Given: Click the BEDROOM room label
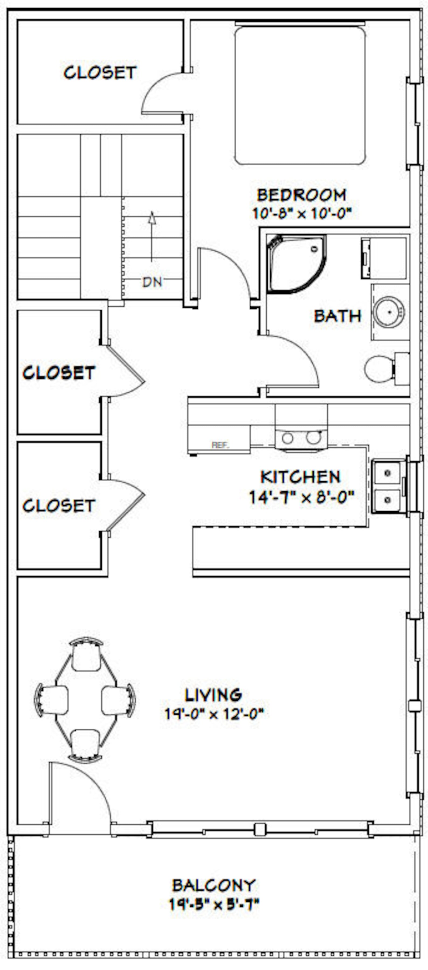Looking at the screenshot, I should (301, 195).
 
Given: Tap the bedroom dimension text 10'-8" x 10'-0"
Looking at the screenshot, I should (301, 214).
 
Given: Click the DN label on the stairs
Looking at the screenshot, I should (152, 282).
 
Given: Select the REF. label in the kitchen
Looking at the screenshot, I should (220, 445).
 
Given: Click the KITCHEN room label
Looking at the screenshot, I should (301, 477).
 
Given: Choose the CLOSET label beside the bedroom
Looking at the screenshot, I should (99, 73).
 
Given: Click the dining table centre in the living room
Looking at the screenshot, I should (85, 699).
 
